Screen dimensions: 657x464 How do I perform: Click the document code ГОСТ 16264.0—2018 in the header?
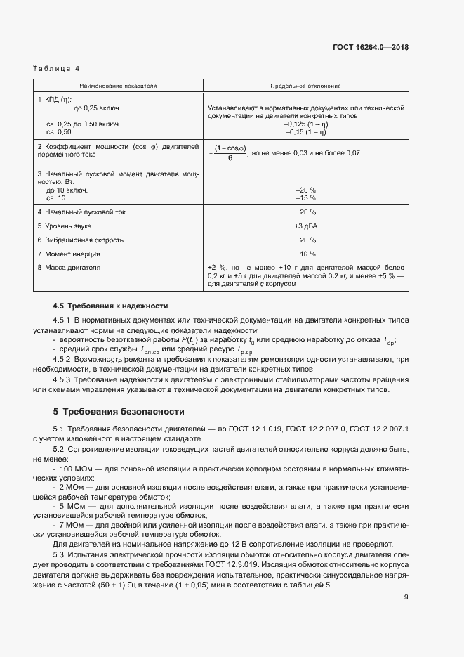tap(371, 48)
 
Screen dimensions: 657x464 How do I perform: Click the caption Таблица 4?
tap(57, 69)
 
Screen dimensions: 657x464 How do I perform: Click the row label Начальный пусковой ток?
tap(84, 212)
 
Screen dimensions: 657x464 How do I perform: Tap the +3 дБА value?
tap(305, 226)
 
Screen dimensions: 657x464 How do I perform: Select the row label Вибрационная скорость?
tap(84, 240)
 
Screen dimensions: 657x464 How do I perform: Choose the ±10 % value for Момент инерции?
tap(305, 254)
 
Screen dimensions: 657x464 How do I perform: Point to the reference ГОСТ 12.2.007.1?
tap(378, 429)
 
